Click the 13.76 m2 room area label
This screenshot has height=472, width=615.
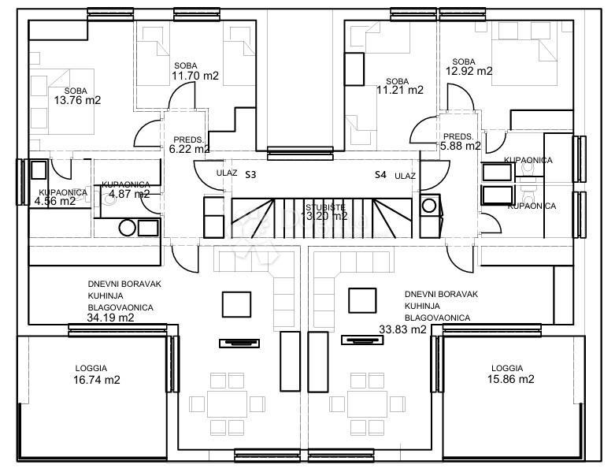pos(77,101)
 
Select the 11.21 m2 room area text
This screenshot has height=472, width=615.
pos(399,90)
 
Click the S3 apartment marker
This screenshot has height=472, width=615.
pos(250,173)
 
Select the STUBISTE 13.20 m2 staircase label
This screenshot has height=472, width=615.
pos(326,210)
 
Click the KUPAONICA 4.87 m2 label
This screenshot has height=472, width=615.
pos(125,189)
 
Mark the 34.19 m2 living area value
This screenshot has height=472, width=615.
pos(110,318)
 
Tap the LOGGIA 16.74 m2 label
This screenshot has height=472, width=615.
pos(91,374)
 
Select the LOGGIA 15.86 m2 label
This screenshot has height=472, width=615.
pos(510,374)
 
